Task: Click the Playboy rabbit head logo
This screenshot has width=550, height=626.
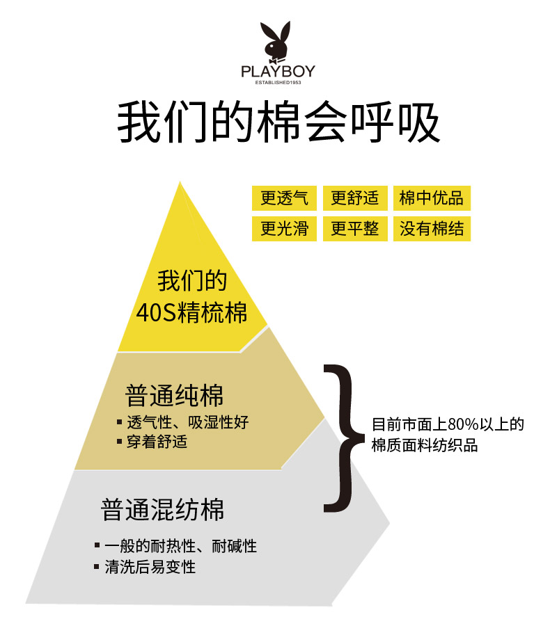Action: [x=276, y=41]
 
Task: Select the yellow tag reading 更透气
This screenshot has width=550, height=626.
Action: [x=284, y=198]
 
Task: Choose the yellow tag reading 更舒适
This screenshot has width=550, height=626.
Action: [x=354, y=198]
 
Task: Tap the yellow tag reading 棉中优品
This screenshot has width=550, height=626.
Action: [x=432, y=198]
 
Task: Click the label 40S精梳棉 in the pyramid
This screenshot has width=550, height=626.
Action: [x=191, y=312]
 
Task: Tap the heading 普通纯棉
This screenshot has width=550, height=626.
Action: [x=175, y=394]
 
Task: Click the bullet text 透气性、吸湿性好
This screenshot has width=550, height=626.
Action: [x=187, y=422]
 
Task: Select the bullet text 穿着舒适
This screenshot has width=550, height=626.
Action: [x=157, y=441]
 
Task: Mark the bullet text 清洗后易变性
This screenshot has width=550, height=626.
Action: [x=150, y=567]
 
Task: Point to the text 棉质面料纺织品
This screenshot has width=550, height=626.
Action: [x=425, y=445]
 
